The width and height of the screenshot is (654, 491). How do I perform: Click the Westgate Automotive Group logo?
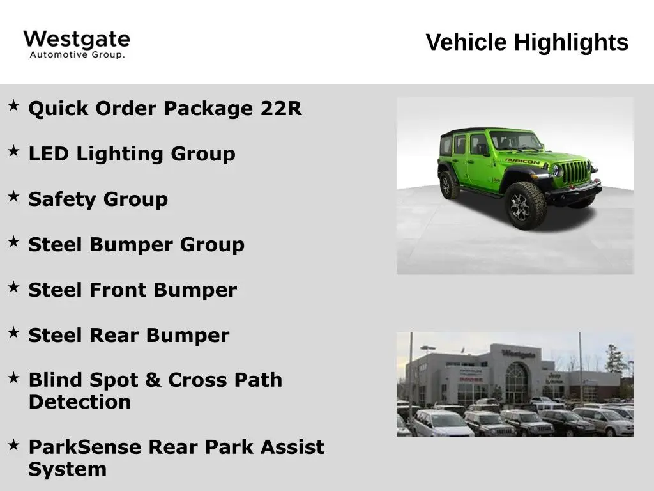pyautogui.click(x=77, y=44)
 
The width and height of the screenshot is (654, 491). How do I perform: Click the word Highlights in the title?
pyautogui.click(x=571, y=43)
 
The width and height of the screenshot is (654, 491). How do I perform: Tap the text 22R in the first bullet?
pyautogui.click(x=281, y=108)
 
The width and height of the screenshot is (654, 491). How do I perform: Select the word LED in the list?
pyautogui.click(x=49, y=153)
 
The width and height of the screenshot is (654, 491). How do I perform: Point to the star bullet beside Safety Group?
pyautogui.click(x=13, y=196)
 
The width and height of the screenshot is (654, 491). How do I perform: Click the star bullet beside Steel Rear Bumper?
pyautogui.click(x=13, y=332)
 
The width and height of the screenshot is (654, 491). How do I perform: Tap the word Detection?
pyautogui.click(x=80, y=402)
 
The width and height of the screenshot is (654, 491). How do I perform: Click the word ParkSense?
pyautogui.click(x=85, y=447)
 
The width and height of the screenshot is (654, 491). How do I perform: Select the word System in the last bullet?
pyautogui.click(x=68, y=470)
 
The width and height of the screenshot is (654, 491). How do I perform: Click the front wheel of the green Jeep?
pyautogui.click(x=525, y=205)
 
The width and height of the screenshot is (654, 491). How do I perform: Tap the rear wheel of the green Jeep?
pyautogui.click(x=448, y=185)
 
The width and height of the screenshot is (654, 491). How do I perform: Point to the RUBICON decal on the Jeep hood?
pyautogui.click(x=522, y=160)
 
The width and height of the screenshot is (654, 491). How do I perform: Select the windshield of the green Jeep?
pyautogui.click(x=515, y=140)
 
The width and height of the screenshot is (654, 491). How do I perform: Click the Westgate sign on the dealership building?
pyautogui.click(x=518, y=354)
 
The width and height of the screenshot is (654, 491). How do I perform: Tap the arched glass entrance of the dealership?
pyautogui.click(x=516, y=382)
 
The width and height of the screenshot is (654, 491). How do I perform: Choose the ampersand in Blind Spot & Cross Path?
pyautogui.click(x=153, y=380)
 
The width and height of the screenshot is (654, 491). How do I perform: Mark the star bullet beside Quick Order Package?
pyautogui.click(x=13, y=105)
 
